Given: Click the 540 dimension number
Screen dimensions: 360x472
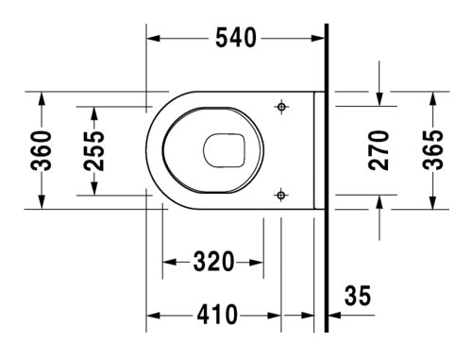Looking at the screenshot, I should (236, 38).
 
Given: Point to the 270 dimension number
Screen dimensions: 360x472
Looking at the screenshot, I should (379, 150).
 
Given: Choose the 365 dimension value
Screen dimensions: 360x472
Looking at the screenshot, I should (432, 150).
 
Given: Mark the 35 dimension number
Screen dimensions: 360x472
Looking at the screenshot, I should (358, 298).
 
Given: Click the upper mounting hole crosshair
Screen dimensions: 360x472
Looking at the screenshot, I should (279, 108).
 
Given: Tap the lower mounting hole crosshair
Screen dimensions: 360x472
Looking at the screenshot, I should (279, 195).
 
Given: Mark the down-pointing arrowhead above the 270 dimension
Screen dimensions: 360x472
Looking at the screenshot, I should (379, 100).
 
